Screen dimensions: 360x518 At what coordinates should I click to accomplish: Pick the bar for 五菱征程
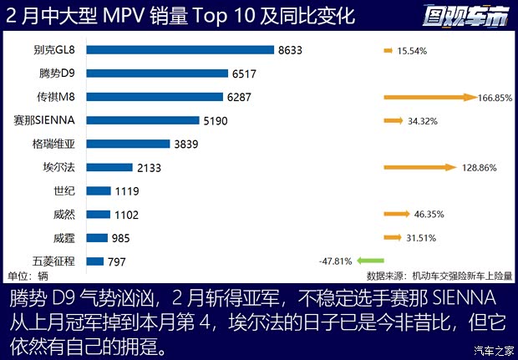tap(94, 261)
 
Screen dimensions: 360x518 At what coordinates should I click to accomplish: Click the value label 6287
tap(242, 97)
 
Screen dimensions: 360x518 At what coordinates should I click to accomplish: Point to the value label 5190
tap(219, 120)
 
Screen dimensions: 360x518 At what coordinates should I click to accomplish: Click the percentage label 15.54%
tap(413, 51)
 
